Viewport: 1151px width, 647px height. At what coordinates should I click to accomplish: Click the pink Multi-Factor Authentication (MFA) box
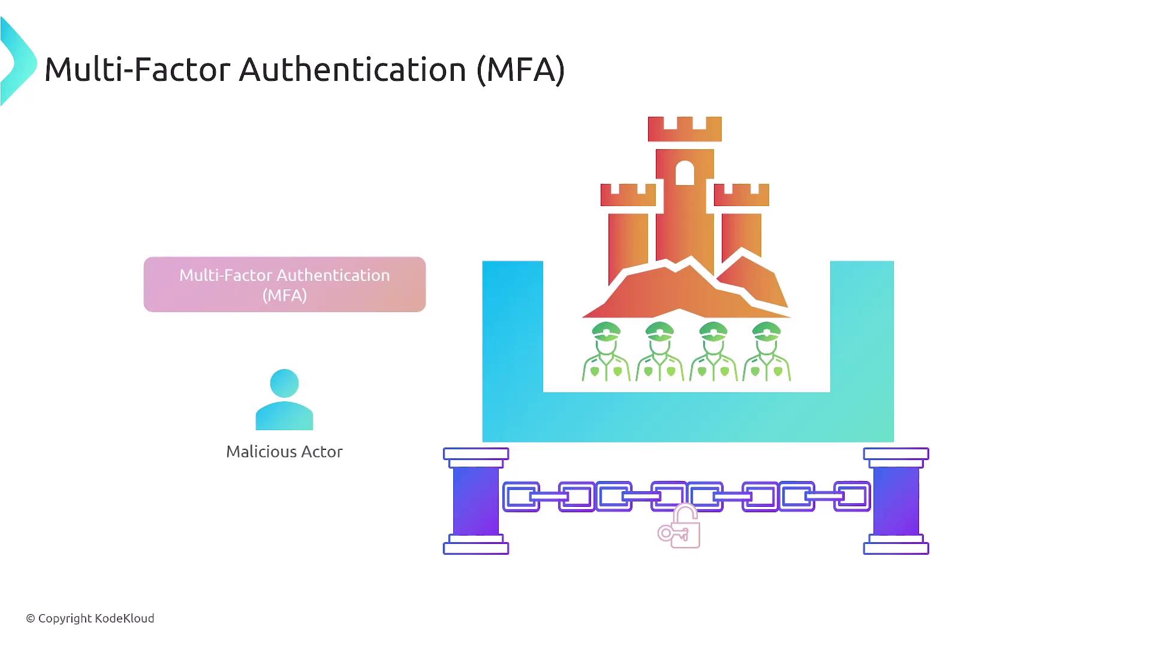pyautogui.click(x=284, y=284)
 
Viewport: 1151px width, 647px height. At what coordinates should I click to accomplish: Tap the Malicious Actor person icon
pyautogui.click(x=284, y=400)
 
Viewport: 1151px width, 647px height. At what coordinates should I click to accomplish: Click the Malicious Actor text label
pyautogui.click(x=284, y=452)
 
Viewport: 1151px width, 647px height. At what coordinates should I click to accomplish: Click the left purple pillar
pyautogui.click(x=476, y=501)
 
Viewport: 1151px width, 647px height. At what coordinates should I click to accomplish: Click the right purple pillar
pyautogui.click(x=896, y=501)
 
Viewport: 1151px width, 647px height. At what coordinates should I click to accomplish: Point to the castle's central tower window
pyautogui.click(x=685, y=173)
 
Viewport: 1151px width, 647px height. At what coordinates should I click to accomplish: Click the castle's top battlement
pyautogui.click(x=685, y=129)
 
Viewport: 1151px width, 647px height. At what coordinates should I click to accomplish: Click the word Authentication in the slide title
pyautogui.click(x=352, y=69)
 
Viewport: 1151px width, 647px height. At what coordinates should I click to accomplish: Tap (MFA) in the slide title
pyautogui.click(x=520, y=69)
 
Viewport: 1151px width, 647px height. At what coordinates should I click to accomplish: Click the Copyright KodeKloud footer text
pyautogui.click(x=90, y=618)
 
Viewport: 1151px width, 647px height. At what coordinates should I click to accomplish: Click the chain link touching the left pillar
pyautogui.click(x=521, y=497)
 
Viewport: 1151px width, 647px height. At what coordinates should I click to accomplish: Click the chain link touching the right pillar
pyautogui.click(x=852, y=497)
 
